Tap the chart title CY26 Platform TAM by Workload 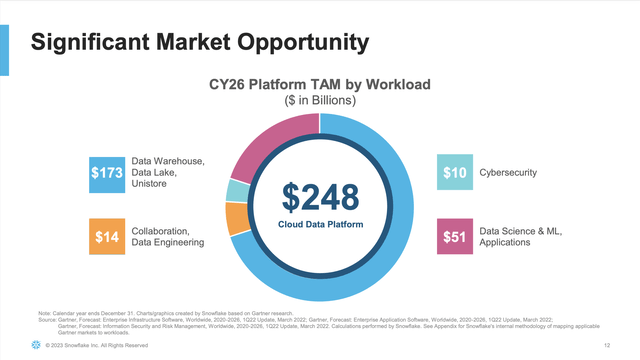(x=319, y=85)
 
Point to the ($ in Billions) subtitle (x=319, y=102)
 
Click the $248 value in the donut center (x=319, y=196)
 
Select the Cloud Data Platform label (x=319, y=224)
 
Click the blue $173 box (x=107, y=173)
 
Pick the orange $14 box (x=107, y=236)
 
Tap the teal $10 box (x=456, y=173)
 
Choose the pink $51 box (x=456, y=236)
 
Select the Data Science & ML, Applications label (x=520, y=236)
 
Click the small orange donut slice (x=237, y=217)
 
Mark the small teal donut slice (x=237, y=190)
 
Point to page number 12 (x=607, y=345)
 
